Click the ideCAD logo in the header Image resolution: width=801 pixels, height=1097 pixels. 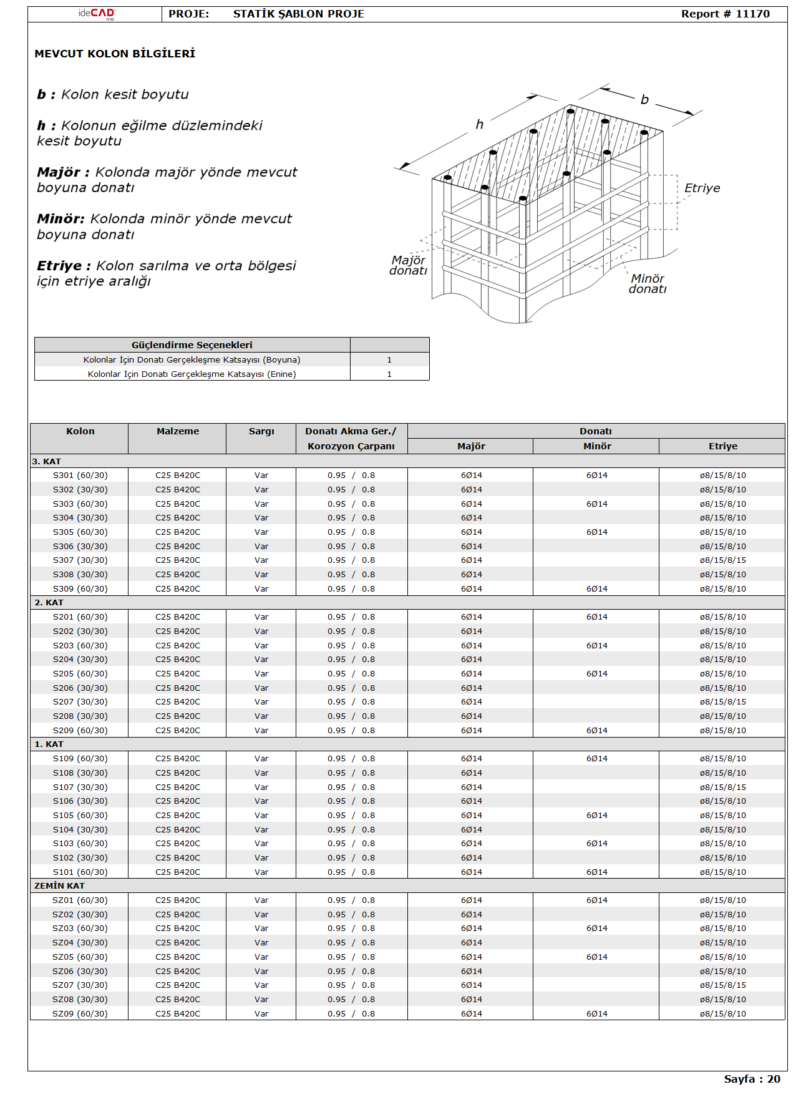coord(97,14)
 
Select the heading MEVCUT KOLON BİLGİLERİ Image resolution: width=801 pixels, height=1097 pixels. coord(115,54)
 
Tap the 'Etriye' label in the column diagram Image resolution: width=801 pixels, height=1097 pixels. coord(702,188)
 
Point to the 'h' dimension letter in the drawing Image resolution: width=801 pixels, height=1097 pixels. coord(479,124)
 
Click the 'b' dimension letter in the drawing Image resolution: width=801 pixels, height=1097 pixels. coord(644,99)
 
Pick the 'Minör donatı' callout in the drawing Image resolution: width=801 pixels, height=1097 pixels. coord(648,283)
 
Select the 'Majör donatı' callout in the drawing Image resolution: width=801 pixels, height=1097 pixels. coord(409,265)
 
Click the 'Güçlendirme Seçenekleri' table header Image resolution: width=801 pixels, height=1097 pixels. coord(192,345)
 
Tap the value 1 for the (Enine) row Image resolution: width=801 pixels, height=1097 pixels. coord(389,374)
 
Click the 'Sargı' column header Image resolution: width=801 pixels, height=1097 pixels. coord(261,431)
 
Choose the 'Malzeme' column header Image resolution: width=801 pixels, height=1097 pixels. coord(178,431)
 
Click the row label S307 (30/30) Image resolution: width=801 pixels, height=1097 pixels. coord(80,560)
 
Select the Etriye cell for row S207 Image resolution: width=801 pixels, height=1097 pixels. coord(722,702)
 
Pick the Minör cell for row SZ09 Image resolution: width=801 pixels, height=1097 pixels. coord(596,1014)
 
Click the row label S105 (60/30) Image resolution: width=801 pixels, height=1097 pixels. coord(80,816)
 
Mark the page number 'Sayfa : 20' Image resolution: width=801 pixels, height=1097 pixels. coord(752,1079)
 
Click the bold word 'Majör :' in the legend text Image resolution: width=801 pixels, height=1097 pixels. coord(63,172)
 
